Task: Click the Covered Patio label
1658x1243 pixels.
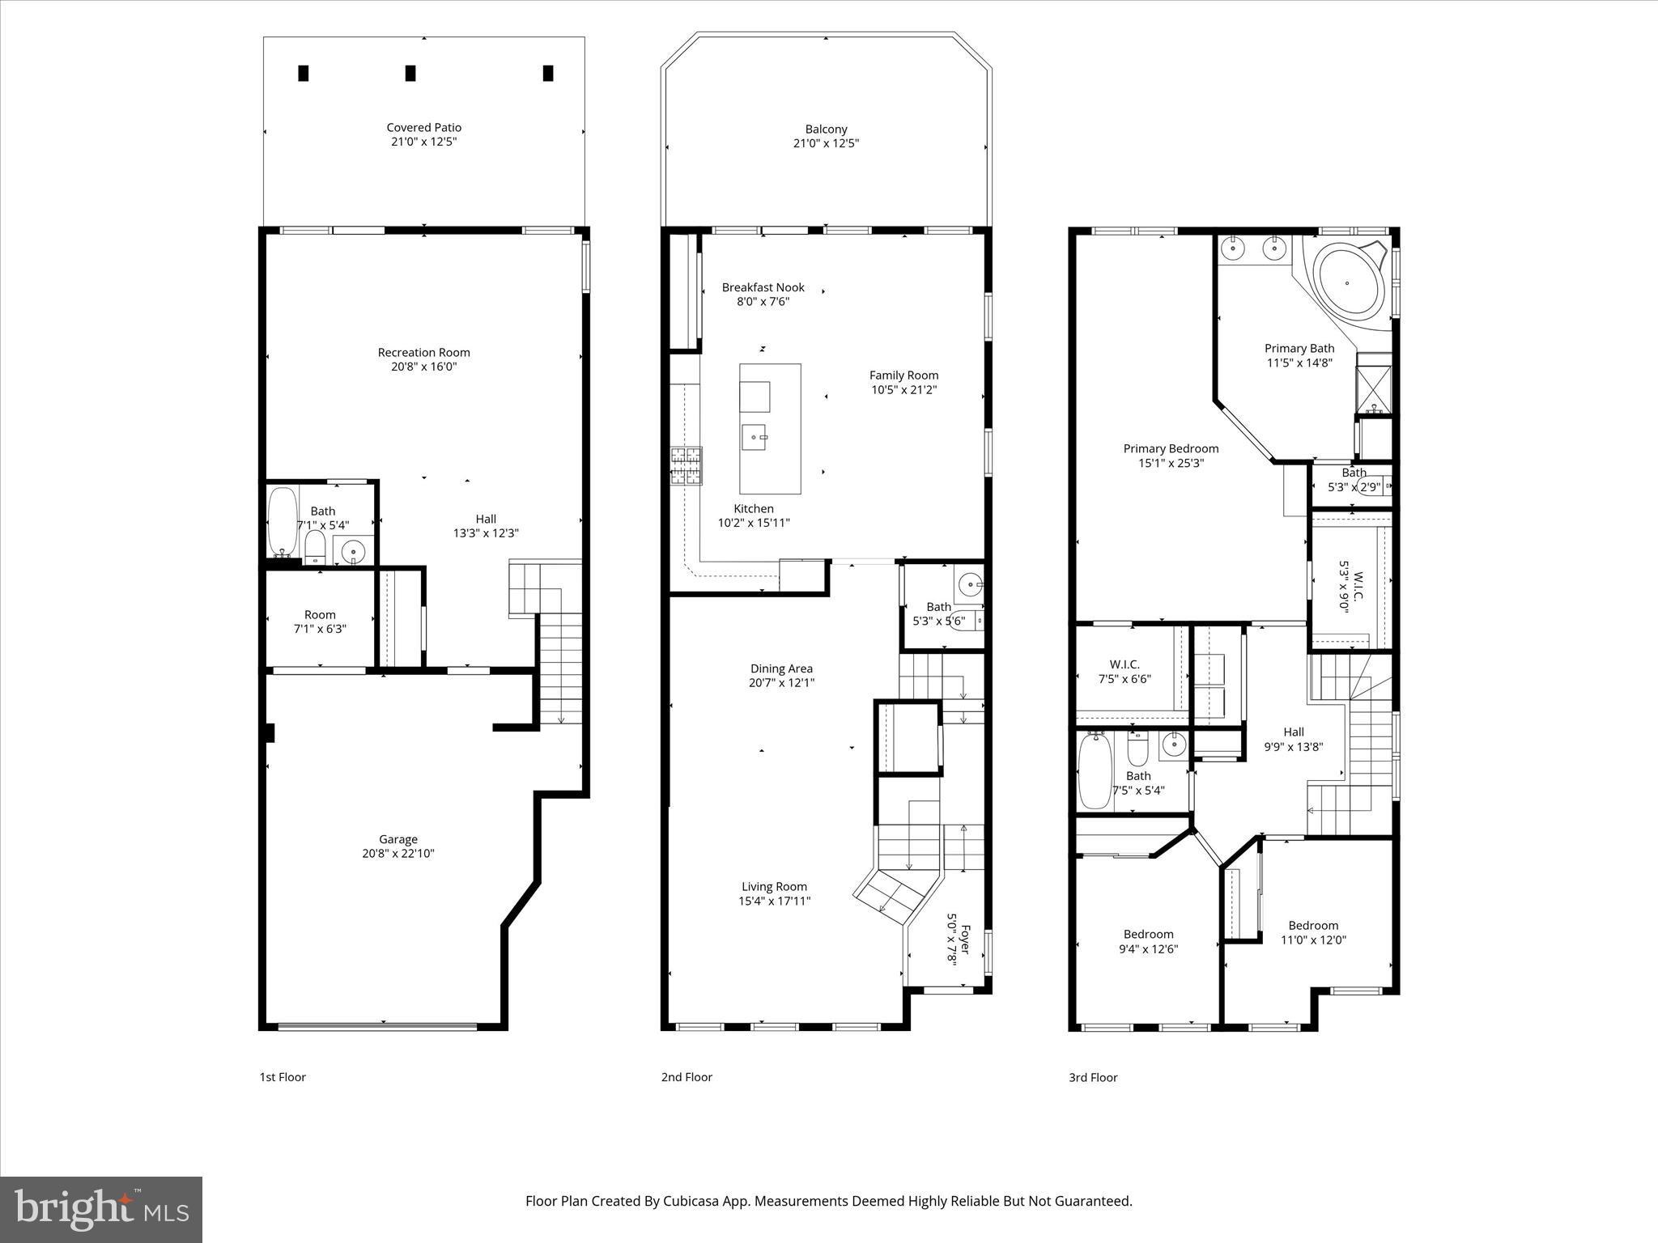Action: (423, 127)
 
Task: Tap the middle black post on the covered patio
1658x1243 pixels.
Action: (410, 73)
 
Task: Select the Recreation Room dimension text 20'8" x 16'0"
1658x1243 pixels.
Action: (423, 367)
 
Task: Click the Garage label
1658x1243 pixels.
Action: (398, 839)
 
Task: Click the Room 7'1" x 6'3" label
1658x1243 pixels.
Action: (320, 614)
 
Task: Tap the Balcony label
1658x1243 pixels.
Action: (826, 129)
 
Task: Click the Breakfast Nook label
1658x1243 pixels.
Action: (763, 287)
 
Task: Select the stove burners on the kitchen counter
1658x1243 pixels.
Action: (685, 466)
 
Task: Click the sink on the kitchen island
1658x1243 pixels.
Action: (755, 438)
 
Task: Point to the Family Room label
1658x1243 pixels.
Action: (903, 375)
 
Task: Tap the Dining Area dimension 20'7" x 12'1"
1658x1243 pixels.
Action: (781, 682)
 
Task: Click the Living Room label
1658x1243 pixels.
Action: (774, 886)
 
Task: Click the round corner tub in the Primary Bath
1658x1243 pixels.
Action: (1347, 283)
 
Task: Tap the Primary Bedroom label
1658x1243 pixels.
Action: (1171, 448)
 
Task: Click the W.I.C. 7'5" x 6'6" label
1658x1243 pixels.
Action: (1124, 664)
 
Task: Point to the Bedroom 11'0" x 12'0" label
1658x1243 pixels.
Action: (1313, 925)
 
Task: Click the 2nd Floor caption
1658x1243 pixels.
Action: (687, 1077)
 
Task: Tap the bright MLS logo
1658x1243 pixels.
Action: (101, 1210)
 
